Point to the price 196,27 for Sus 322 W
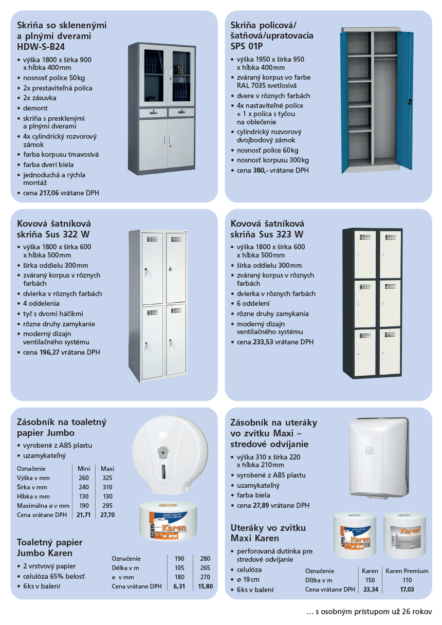[x=50, y=353]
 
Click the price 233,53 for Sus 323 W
[x=263, y=342]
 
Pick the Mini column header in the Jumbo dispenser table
[x=83, y=469]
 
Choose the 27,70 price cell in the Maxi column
[x=107, y=514]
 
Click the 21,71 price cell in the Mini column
[x=83, y=514]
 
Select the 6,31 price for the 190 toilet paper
[x=179, y=586]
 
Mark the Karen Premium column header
[x=407, y=571]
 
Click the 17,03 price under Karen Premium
[x=407, y=590]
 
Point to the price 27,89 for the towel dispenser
[x=263, y=505]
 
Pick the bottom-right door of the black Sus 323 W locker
[x=390, y=352]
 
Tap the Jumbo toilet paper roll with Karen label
[x=167, y=522]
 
